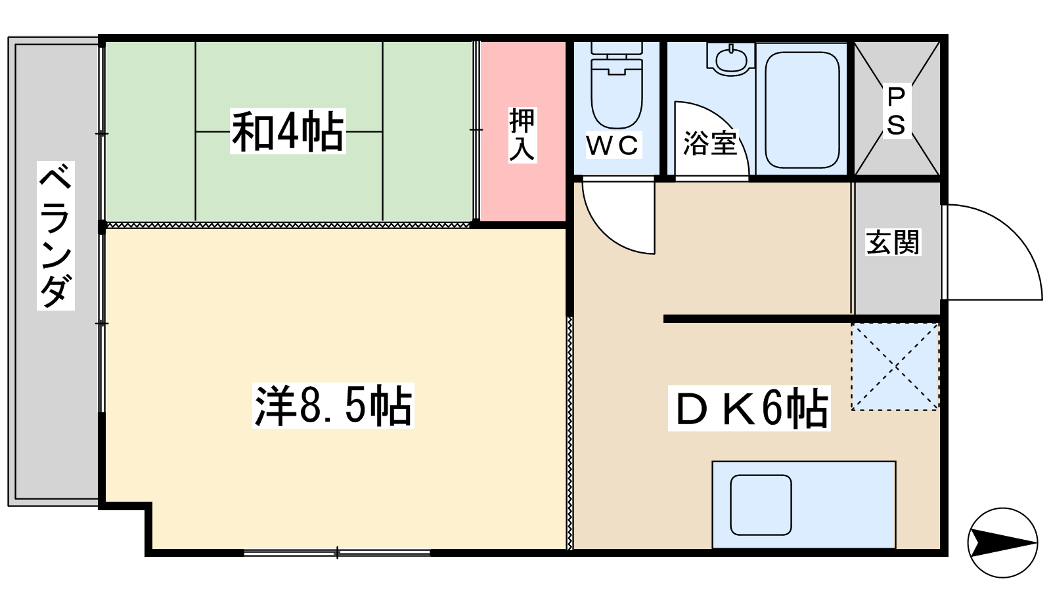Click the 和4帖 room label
click(288, 131)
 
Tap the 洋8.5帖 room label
click(333, 405)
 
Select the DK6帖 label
click(749, 408)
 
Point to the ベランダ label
click(56, 236)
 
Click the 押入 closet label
click(522, 135)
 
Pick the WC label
click(613, 145)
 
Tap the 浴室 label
click(710, 143)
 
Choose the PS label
click(896, 111)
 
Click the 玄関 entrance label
click(893, 242)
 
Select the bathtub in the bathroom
click(802, 110)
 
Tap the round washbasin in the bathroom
click(732, 60)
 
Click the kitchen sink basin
click(761, 505)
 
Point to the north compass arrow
click(1002, 542)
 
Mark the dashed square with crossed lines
click(895, 367)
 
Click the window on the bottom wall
click(337, 554)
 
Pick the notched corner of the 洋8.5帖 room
click(148, 506)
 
